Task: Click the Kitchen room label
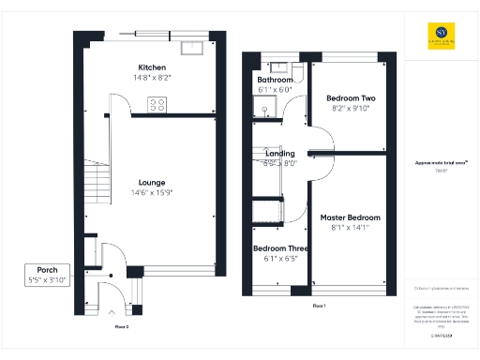click(x=152, y=68)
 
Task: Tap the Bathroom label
click(x=276, y=81)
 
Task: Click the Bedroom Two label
click(x=350, y=98)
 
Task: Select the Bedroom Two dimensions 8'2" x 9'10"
click(x=350, y=108)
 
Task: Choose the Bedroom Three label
click(x=276, y=248)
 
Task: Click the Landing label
click(x=279, y=154)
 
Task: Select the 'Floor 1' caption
click(x=318, y=306)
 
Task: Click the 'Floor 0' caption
click(x=122, y=326)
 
